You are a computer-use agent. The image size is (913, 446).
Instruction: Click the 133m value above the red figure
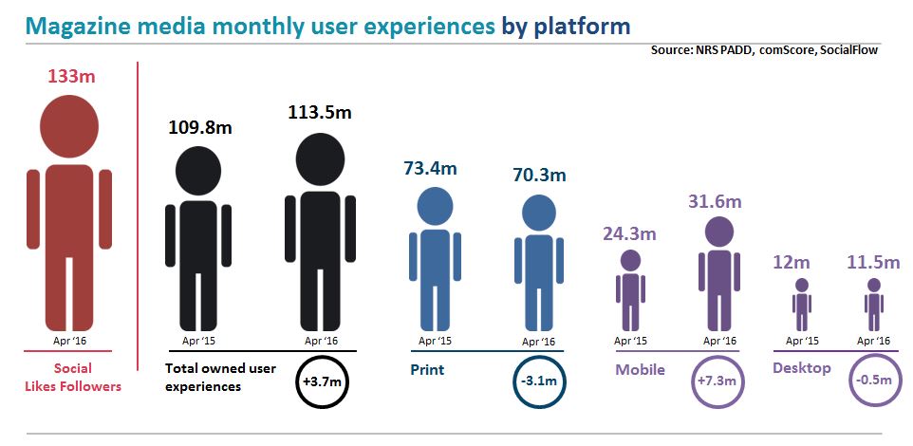tap(71, 76)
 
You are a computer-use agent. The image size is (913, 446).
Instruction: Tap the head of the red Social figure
tap(69, 126)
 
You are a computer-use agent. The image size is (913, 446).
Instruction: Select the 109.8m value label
tap(200, 127)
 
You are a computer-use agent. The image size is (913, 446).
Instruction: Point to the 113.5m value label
tap(320, 112)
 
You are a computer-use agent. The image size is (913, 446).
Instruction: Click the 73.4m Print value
tap(430, 169)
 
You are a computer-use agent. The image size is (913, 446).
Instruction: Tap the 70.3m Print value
tap(539, 175)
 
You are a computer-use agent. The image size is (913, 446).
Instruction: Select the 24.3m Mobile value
tap(629, 234)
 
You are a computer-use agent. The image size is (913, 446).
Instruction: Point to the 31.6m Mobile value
tap(715, 202)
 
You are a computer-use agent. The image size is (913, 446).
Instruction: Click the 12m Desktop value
tap(792, 262)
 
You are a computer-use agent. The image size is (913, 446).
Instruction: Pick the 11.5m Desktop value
tap(873, 262)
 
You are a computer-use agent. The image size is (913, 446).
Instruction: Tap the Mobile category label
tap(640, 370)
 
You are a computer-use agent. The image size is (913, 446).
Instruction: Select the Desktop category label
tap(802, 368)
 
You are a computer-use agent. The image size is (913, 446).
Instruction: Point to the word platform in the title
tap(586, 27)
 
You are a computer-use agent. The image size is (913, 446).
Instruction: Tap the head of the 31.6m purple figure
tap(719, 232)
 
